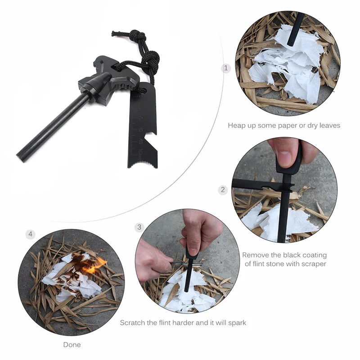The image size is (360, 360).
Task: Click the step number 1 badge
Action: click(x=226, y=68)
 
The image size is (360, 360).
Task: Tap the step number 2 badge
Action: click(x=223, y=190)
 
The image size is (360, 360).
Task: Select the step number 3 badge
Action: click(x=139, y=227)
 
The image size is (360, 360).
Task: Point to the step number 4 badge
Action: click(x=30, y=234)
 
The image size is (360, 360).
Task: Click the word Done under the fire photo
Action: click(x=72, y=345)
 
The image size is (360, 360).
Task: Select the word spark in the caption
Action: click(x=237, y=323)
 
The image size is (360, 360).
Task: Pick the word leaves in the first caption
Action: click(x=329, y=126)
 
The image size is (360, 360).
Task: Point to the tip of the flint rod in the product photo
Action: click(x=19, y=158)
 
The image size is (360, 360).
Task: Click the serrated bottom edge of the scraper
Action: click(x=143, y=165)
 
